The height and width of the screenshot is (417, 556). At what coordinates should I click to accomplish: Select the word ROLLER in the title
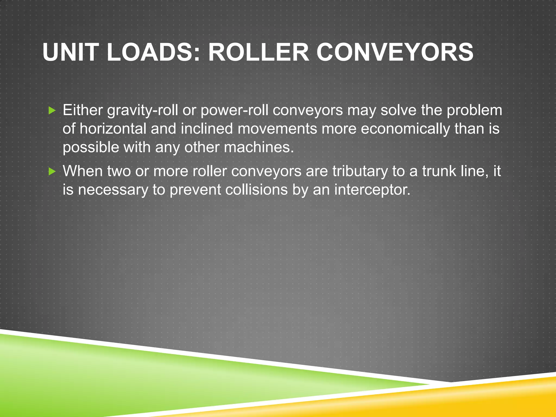(258, 52)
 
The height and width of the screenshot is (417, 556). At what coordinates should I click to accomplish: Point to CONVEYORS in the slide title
(395, 52)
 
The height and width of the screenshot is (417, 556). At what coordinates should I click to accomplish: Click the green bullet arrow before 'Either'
(52, 110)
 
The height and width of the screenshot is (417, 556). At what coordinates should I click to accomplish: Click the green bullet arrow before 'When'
(52, 171)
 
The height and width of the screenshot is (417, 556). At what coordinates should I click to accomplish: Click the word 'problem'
(474, 111)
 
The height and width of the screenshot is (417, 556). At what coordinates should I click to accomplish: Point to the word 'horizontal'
(113, 129)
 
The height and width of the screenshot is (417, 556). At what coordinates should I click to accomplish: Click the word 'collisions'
(256, 190)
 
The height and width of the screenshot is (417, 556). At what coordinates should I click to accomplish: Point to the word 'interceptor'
(372, 190)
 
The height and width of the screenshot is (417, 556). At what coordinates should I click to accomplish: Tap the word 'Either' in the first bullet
(83, 110)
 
